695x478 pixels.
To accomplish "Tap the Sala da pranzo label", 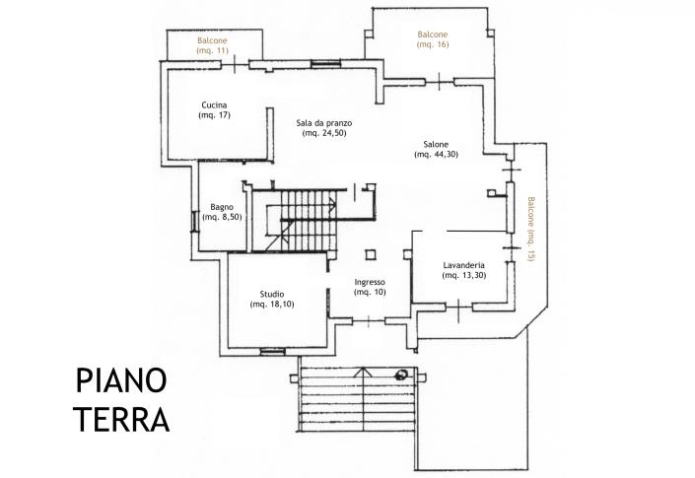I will pos(324,123).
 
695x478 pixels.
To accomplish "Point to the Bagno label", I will pos(222,206).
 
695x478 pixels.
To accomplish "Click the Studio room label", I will pos(272,294).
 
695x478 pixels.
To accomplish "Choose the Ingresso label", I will pos(371,282).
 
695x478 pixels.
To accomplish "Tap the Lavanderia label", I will pos(462,264).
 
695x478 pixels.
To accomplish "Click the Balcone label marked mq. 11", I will pos(213,40).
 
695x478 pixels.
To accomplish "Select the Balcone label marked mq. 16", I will pos(433,34).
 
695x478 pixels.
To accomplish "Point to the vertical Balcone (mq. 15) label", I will pos(530,229).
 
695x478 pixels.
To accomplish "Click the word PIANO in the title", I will pos(121,381).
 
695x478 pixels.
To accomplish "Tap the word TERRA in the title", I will pos(121,419).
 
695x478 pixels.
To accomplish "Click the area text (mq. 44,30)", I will pos(436,155).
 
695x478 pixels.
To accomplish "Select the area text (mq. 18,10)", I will pos(272,305).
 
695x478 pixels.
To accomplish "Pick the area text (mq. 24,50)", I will pos(324,134).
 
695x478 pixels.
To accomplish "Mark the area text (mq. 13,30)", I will pos(462,275).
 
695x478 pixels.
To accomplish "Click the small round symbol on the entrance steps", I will pos(401,374).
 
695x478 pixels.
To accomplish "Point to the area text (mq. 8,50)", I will pos(222,217).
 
